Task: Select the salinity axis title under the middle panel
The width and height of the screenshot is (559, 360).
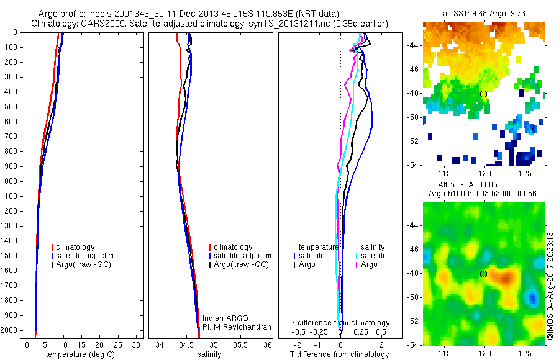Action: click(210, 354)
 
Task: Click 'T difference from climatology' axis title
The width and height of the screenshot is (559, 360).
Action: click(340, 354)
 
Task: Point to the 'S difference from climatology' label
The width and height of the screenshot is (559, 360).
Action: click(340, 323)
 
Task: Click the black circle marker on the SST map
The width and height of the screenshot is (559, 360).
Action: click(483, 94)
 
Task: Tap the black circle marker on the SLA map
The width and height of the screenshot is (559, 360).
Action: click(483, 274)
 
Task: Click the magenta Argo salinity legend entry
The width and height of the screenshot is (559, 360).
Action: click(369, 264)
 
